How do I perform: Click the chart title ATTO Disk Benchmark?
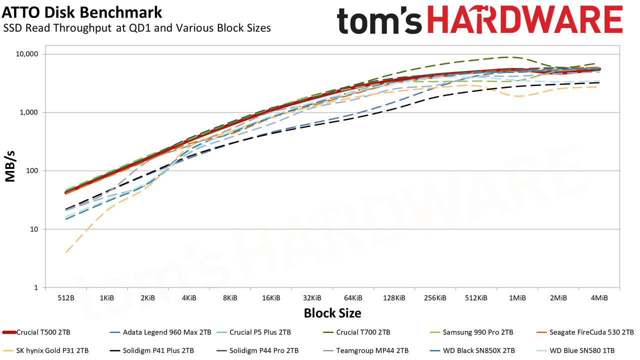pyautogui.click(x=81, y=12)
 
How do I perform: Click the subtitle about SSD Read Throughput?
pyautogui.click(x=137, y=28)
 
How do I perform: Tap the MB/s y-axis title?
pyautogui.click(x=10, y=166)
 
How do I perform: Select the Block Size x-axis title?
pyautogui.click(x=332, y=313)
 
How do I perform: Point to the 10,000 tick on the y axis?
pyautogui.click(x=26, y=54)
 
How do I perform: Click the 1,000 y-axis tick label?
pyautogui.click(x=28, y=112)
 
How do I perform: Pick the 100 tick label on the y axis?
pyautogui.click(x=31, y=171)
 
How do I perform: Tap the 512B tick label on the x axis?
pyautogui.click(x=66, y=298)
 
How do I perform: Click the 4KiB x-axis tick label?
pyautogui.click(x=189, y=298)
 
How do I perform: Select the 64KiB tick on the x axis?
pyautogui.click(x=353, y=298)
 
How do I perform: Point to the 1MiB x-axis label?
pyautogui.click(x=517, y=298)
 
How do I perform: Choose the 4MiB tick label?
pyautogui.click(x=599, y=298)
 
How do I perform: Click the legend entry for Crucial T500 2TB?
pyautogui.click(x=36, y=332)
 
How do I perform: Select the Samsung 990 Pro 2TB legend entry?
pyautogui.click(x=471, y=332)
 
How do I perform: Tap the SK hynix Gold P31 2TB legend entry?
pyautogui.click(x=45, y=350)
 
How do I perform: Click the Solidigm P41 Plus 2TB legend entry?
pyautogui.click(x=151, y=350)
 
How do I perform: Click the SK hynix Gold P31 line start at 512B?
pyautogui.click(x=66, y=252)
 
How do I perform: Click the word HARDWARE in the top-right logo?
pyautogui.click(x=525, y=19)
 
